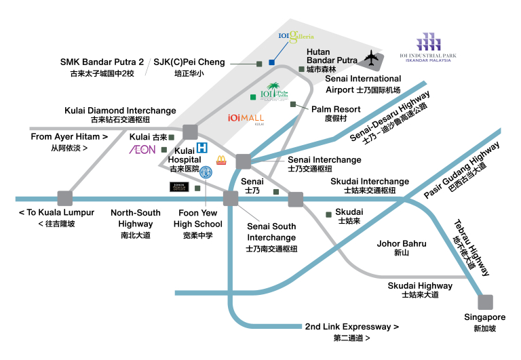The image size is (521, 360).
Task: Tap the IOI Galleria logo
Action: (296, 37)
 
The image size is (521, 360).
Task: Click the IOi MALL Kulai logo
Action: (246, 117)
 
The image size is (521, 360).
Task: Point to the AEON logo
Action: (142, 149)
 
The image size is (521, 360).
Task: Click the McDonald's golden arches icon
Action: (220, 161)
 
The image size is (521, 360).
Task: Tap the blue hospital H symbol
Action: (201, 148)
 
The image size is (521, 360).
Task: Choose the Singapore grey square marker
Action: (485, 302)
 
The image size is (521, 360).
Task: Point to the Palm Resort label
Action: (336, 108)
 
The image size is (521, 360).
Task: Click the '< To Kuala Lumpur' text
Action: (56, 212)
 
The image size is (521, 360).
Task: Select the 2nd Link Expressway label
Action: (351, 326)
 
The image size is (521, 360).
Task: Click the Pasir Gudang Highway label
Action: (461, 166)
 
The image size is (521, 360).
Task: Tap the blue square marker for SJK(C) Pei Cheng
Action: (271, 62)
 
